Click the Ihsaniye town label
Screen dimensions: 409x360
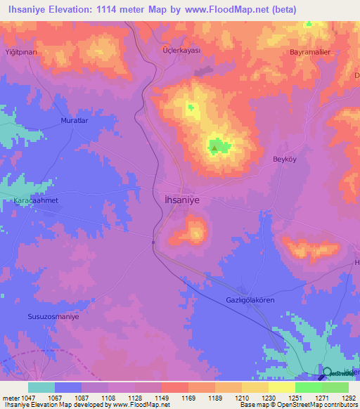point(182,200)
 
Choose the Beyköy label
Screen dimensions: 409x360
point(286,160)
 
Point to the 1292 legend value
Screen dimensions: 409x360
point(348,398)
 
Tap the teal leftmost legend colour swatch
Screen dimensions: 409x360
point(41,387)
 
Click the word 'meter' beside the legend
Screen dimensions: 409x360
point(11,398)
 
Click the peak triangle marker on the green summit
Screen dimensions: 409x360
point(214,148)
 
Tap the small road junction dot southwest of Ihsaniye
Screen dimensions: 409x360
point(153,242)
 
